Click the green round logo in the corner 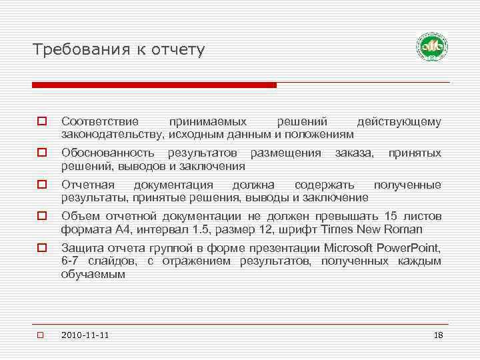click(x=432, y=47)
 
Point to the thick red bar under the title click(x=154, y=85)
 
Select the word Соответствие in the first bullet click(x=100, y=122)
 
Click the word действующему click(x=399, y=122)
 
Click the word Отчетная click(x=88, y=185)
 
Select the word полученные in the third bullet click(x=407, y=185)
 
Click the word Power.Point click(x=410, y=248)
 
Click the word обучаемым click(x=93, y=273)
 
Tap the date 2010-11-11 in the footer click(x=85, y=335)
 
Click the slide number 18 click(x=438, y=335)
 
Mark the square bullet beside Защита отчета click(x=41, y=248)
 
